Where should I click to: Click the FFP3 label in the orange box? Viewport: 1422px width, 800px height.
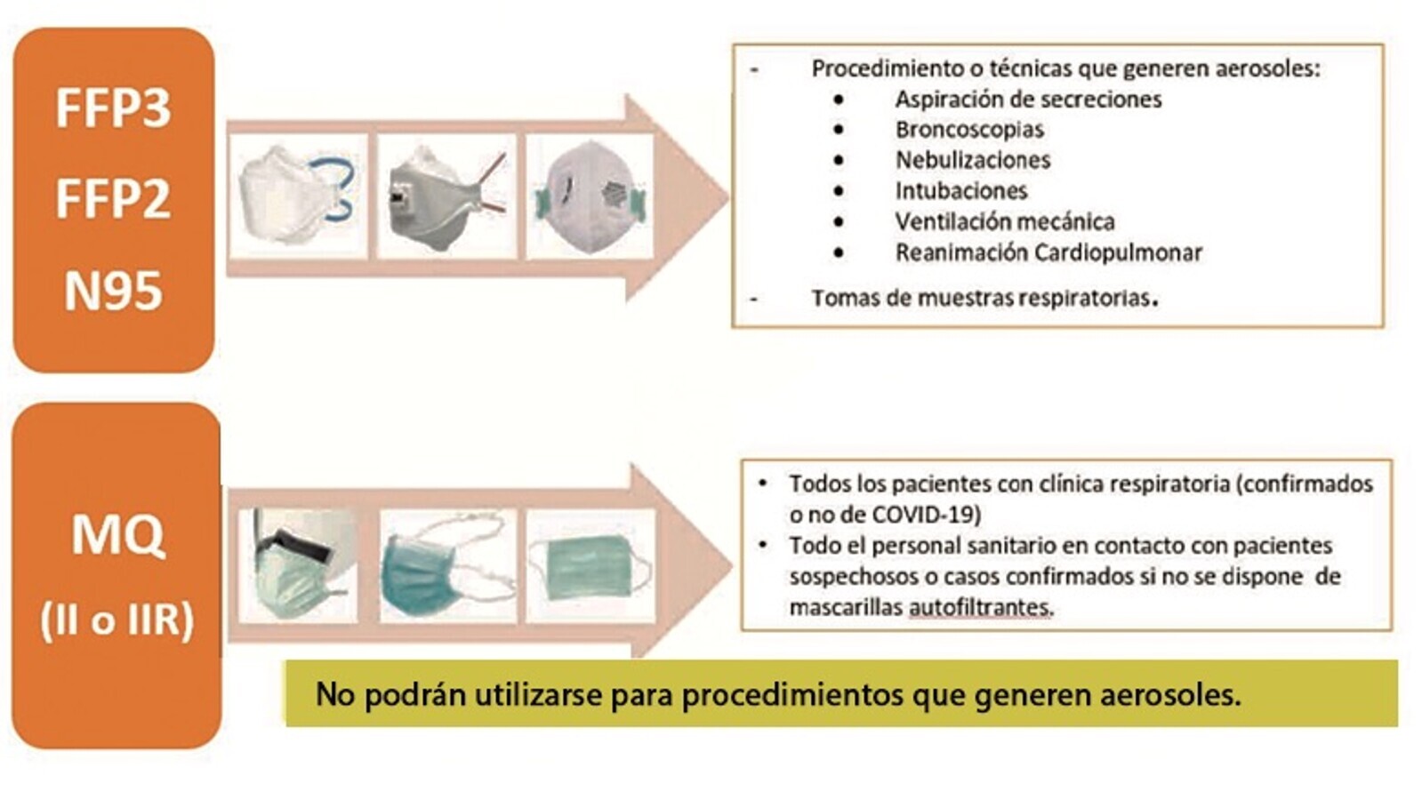point(113,108)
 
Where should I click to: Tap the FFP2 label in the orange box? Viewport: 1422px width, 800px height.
point(113,199)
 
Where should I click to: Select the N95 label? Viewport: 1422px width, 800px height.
point(113,291)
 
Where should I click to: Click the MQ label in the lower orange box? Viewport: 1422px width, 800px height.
point(117,536)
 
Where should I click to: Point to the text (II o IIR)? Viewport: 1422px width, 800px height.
point(116,620)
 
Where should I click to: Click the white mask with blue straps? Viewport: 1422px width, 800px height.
point(297,196)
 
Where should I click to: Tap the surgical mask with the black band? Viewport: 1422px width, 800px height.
point(299,565)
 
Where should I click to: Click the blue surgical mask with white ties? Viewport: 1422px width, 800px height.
point(446,565)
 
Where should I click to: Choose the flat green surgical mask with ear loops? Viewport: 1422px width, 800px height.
point(590,565)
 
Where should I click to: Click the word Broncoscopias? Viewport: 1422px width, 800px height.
point(969,130)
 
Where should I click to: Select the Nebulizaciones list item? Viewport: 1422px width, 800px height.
point(973,160)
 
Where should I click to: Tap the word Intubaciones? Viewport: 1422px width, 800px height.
point(961,191)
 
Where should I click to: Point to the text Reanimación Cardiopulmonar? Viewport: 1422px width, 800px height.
point(1048,253)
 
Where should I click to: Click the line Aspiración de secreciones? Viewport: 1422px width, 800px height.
point(1028,100)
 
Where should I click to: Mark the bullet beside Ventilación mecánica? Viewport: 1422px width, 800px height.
point(840,222)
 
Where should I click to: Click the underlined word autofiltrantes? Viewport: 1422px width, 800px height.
point(981,608)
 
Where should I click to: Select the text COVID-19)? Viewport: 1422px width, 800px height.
point(927,515)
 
